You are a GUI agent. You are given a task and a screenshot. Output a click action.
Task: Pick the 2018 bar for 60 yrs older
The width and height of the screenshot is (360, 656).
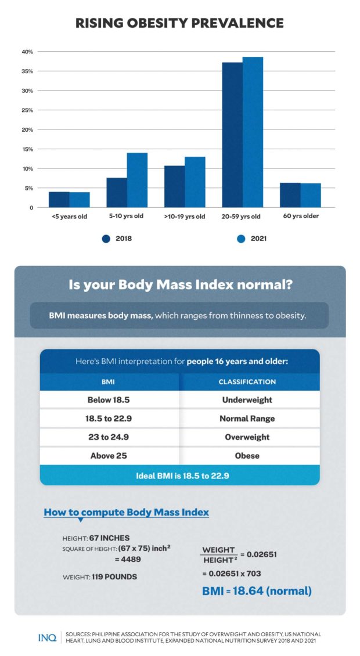point(290,195)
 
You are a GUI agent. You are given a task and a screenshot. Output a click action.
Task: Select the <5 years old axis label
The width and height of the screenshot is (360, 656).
point(69,217)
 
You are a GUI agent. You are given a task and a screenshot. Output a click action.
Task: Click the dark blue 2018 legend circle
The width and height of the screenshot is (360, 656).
point(106,238)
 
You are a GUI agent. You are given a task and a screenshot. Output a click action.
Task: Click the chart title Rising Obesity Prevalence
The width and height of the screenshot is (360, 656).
point(179,23)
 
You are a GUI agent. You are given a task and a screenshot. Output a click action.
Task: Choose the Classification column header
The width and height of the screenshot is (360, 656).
point(247,382)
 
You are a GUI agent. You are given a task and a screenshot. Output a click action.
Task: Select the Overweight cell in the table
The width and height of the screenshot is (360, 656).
point(247,437)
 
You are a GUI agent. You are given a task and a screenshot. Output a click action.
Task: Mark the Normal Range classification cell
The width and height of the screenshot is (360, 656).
point(247,419)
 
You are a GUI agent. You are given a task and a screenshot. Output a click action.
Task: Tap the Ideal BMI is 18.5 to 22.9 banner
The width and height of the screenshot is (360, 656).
point(179,475)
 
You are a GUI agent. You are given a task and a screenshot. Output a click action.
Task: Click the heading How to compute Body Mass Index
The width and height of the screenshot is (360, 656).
point(127,513)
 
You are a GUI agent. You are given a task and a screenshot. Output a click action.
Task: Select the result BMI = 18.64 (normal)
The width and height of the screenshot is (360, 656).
point(257,591)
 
